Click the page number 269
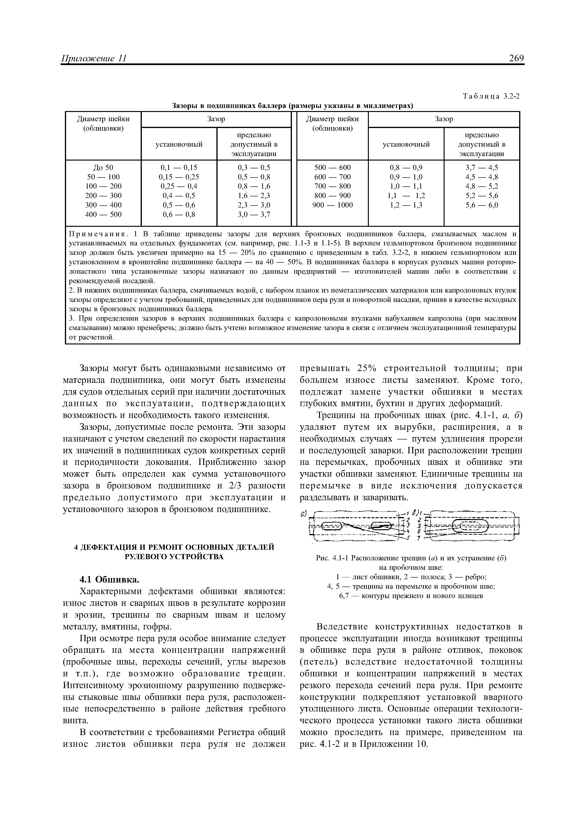coord(516,58)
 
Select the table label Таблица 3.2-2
coord(492,96)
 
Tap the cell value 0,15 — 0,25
coord(179,177)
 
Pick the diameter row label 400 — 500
coord(103,214)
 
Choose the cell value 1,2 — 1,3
coord(406,205)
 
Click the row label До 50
coord(103,167)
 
